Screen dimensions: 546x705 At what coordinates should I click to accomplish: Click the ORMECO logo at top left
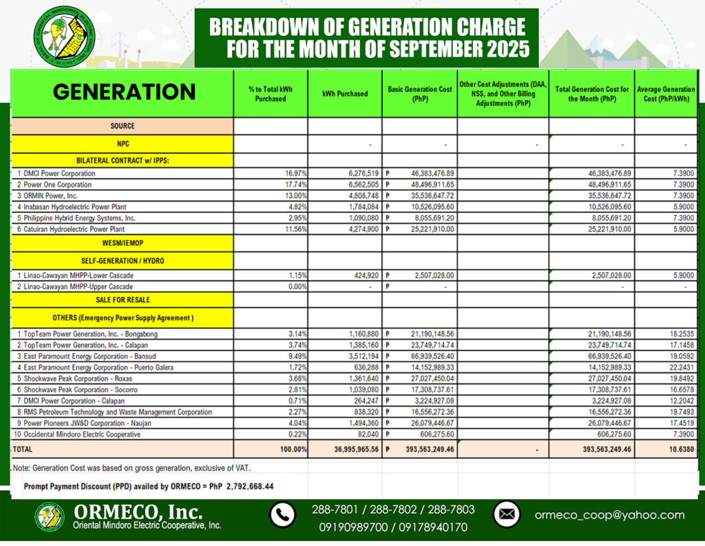click(x=63, y=34)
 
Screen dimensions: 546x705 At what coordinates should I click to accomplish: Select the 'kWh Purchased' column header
click(x=344, y=94)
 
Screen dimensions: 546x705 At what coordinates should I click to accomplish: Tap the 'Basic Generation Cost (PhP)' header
click(x=419, y=94)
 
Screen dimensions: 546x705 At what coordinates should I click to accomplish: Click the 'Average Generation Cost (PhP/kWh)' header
click(x=666, y=94)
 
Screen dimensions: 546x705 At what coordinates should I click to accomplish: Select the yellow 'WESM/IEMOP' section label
click(x=122, y=243)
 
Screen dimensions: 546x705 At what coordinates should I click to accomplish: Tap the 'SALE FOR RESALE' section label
click(x=122, y=300)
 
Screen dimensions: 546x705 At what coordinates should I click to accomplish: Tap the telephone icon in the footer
click(x=283, y=515)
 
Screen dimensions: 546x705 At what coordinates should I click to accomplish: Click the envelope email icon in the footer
click(x=507, y=514)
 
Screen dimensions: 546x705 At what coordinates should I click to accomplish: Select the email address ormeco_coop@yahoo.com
click(x=609, y=515)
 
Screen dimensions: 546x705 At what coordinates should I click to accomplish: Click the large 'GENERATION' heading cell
click(x=124, y=92)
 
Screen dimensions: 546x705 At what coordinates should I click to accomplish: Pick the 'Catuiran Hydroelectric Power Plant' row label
click(x=72, y=229)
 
